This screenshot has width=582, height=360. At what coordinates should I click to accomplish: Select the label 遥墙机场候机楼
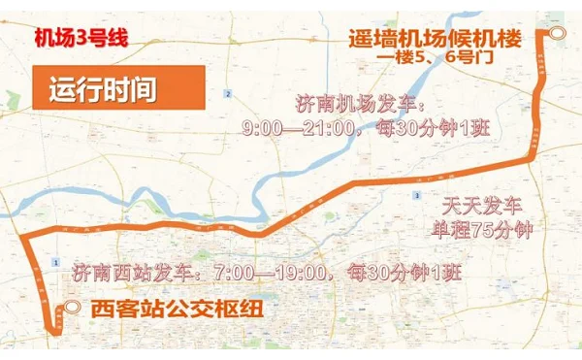tap(435, 39)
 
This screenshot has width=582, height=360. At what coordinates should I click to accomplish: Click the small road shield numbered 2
tap(227, 93)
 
